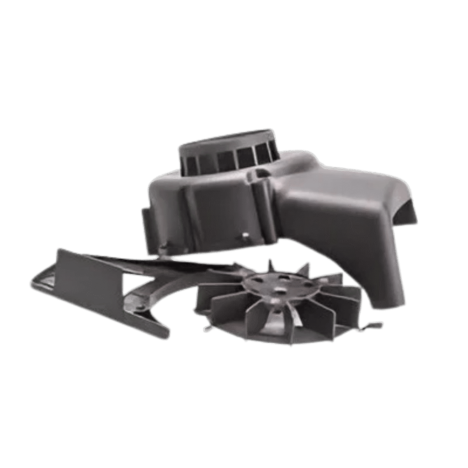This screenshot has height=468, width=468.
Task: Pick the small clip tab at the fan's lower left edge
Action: [x=208, y=327]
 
